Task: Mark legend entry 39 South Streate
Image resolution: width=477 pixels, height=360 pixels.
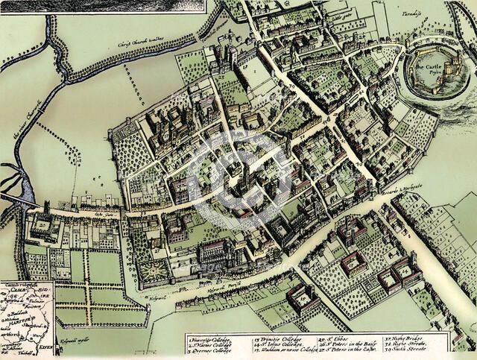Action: click(426, 350)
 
